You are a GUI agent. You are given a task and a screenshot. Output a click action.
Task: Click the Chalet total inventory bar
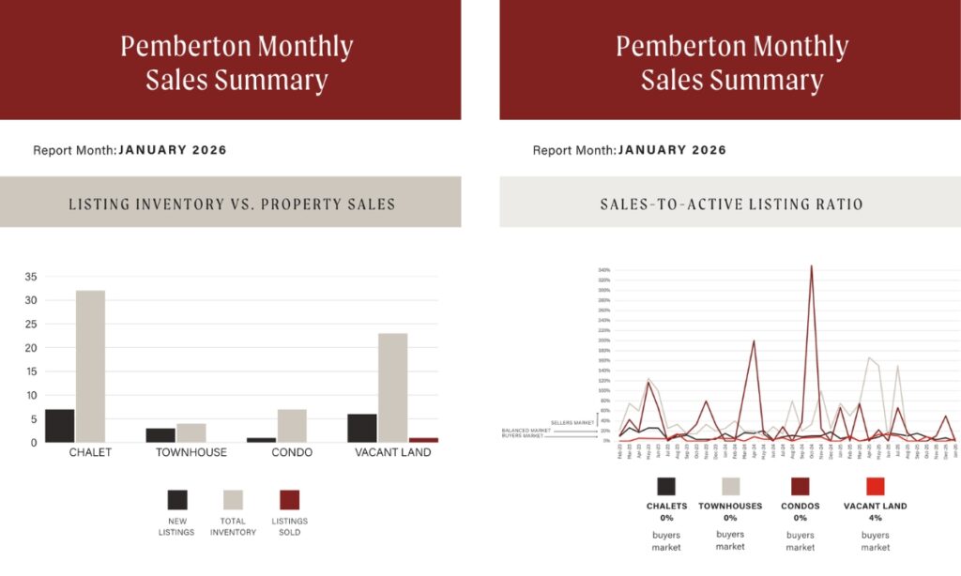coord(90,366)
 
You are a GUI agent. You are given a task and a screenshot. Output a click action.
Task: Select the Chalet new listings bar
coord(59,425)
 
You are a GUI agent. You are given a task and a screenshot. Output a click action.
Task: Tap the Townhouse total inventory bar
coord(191,432)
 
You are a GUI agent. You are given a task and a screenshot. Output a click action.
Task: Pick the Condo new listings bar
coord(261,439)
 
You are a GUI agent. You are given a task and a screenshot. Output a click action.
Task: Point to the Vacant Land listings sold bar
coord(423,439)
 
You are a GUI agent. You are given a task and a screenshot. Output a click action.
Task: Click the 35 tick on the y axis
coord(31,277)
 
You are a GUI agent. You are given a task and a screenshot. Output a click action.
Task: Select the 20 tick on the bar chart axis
coord(31,348)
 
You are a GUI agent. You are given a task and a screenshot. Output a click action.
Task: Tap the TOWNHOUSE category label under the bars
coord(191,453)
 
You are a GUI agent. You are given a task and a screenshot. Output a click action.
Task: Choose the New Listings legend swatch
coord(177,499)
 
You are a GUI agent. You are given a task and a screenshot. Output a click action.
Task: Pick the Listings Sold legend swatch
coord(289,499)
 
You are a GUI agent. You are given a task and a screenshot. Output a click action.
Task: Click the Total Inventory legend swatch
coord(233,499)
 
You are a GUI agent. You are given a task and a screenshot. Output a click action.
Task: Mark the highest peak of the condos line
coord(811,266)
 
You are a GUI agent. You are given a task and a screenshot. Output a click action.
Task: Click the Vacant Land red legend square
coord(875,486)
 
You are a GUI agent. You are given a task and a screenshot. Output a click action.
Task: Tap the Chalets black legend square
coord(666,486)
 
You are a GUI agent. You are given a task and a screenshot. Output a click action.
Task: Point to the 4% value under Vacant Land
coord(876,518)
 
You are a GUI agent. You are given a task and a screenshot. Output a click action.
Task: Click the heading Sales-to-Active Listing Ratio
coord(731,204)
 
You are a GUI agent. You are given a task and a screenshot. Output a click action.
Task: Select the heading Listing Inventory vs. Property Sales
coord(232,204)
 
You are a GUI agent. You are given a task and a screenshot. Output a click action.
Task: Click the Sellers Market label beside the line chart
coord(572,423)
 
